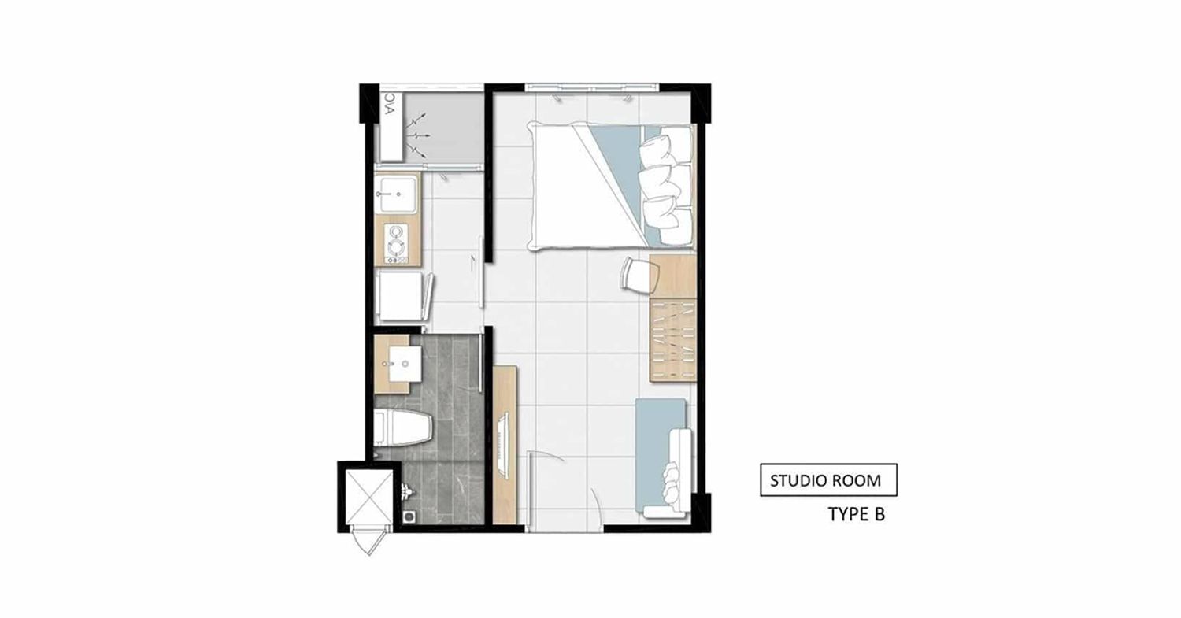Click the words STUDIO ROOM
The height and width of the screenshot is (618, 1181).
[x=825, y=480]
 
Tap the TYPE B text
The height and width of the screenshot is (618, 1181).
[x=857, y=514]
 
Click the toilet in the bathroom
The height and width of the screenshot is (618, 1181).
[x=402, y=427]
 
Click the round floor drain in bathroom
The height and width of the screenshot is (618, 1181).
[x=409, y=516]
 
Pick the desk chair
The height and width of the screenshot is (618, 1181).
[x=639, y=275]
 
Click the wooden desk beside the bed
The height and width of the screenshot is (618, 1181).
[x=672, y=276]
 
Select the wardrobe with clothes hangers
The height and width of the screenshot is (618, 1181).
[x=672, y=339]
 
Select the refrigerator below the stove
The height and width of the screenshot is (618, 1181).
[x=402, y=295]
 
